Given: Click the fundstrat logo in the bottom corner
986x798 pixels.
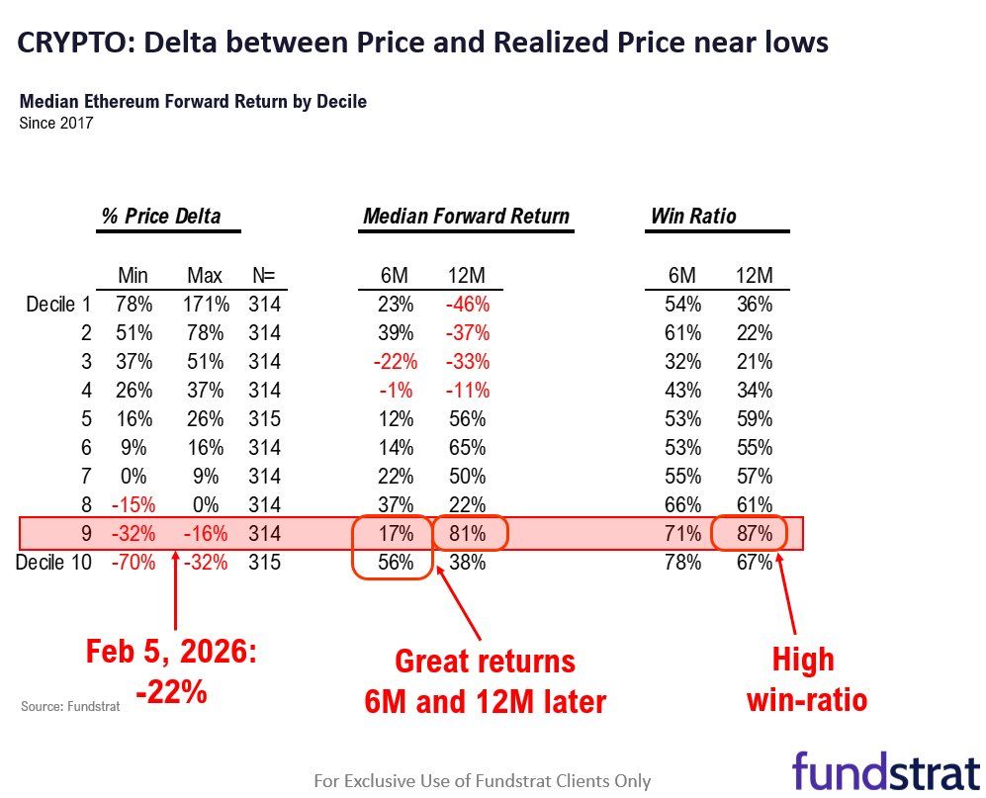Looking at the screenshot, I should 884,770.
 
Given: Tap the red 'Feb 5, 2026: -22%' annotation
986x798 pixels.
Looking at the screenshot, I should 171,671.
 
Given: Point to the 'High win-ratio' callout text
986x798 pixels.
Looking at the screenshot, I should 805,679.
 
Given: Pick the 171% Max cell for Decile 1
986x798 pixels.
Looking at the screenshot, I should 206,305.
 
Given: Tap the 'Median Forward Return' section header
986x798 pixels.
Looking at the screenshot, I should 466,216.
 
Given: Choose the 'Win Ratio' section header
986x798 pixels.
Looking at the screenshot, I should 693,216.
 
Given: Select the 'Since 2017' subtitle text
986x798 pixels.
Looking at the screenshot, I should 56,124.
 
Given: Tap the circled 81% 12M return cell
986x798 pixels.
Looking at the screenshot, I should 467,533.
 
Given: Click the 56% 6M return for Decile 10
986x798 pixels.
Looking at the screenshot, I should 395,562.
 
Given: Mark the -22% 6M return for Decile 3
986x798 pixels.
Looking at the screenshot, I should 393,362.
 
